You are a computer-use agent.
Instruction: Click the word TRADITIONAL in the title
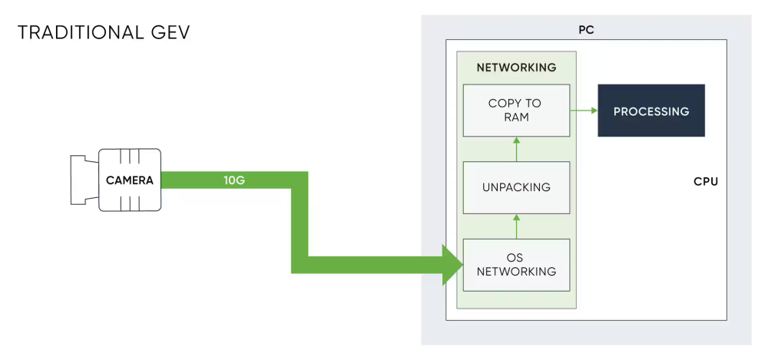81,33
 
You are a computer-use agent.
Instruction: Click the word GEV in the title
170,33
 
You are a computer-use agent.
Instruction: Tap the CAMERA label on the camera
130,181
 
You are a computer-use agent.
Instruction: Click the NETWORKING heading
516,68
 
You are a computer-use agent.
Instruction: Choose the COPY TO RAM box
515,111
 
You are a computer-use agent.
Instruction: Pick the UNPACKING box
515,187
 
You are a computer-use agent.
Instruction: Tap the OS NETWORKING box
515,264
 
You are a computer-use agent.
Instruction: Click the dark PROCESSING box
651,111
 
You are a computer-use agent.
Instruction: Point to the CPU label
705,183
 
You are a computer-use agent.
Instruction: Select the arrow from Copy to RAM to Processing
584,111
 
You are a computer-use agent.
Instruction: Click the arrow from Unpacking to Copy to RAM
516,149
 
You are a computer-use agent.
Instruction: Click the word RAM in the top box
515,118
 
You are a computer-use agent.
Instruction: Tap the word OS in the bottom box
515,256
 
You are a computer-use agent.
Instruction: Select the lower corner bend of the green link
300,264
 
